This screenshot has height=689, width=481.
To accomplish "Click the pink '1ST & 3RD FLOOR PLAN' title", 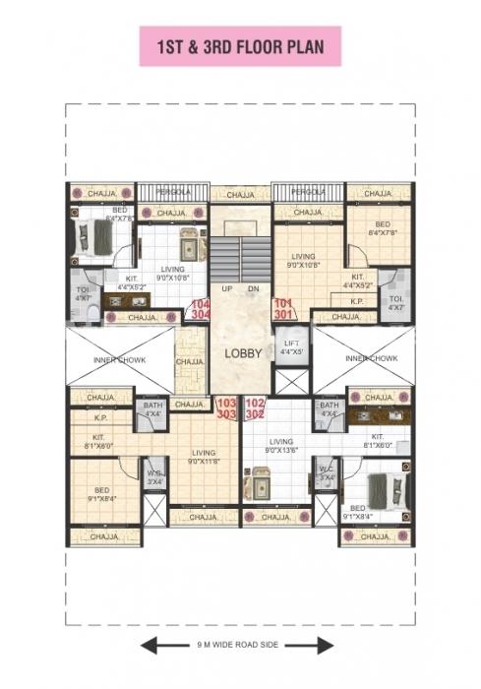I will point(240,46).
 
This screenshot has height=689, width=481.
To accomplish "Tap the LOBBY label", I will point(242,353).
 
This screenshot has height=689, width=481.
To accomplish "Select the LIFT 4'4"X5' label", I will point(290,347).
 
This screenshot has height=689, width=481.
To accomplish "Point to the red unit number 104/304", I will point(200,309).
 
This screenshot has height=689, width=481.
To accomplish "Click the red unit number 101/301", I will point(283,309).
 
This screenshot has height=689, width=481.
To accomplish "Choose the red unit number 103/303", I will point(226,407).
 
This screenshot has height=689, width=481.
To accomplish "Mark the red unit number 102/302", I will point(255,407).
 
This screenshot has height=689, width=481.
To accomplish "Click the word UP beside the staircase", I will point(226,288).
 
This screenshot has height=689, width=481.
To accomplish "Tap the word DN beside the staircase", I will point(254,288).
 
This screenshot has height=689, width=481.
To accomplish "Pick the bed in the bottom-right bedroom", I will point(381,489).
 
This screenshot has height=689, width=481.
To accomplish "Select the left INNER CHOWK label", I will point(119,359).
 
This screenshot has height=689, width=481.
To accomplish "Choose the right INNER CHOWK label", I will point(372,359).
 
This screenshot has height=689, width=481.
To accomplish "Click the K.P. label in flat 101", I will point(357,301).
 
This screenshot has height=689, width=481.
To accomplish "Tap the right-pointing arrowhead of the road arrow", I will point(327,646).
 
